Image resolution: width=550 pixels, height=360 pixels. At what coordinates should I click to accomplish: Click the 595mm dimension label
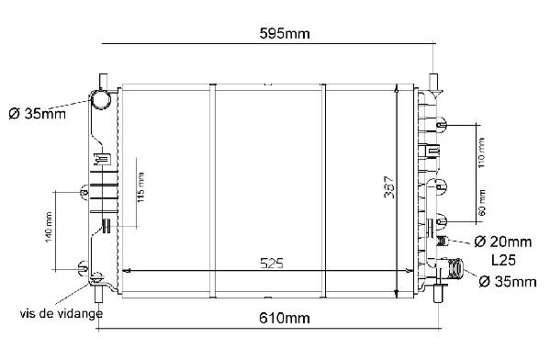click(x=285, y=34)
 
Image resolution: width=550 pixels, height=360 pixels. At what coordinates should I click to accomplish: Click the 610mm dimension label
click(x=285, y=319)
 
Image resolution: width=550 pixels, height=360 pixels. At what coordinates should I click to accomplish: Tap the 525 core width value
click(x=272, y=264)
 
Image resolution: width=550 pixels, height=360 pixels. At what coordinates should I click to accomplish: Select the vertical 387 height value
click(x=389, y=187)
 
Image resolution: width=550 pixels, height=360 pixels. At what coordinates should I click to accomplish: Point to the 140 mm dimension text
click(x=49, y=227)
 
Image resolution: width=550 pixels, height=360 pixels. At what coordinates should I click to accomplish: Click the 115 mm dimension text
click(x=140, y=187)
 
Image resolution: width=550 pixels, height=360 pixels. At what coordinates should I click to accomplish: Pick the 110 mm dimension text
click(x=481, y=152)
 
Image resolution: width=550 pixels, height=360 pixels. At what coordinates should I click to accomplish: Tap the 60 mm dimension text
click(x=482, y=203)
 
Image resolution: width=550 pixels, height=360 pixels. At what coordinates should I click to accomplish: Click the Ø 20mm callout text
click(x=502, y=242)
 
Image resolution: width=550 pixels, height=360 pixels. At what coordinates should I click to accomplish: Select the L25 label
click(x=503, y=260)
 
